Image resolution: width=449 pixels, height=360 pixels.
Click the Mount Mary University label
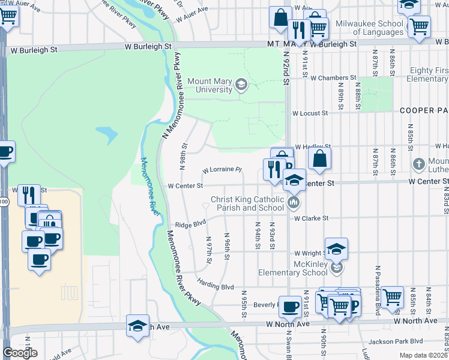click(x=209, y=85)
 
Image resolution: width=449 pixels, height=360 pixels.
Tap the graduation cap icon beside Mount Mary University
click(x=241, y=83)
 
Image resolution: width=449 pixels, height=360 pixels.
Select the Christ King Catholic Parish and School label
click(x=247, y=204)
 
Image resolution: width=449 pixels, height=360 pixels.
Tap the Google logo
click(x=20, y=353)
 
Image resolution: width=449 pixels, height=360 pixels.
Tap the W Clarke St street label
click(x=312, y=218)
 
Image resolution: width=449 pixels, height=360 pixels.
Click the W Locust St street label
click(x=310, y=113)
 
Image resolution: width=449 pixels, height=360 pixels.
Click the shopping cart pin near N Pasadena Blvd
click(x=392, y=296)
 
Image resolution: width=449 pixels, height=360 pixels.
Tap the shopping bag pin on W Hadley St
click(x=320, y=158)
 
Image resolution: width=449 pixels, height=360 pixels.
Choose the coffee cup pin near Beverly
click(x=291, y=307)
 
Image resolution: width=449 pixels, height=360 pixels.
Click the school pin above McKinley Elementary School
click(x=337, y=248)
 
